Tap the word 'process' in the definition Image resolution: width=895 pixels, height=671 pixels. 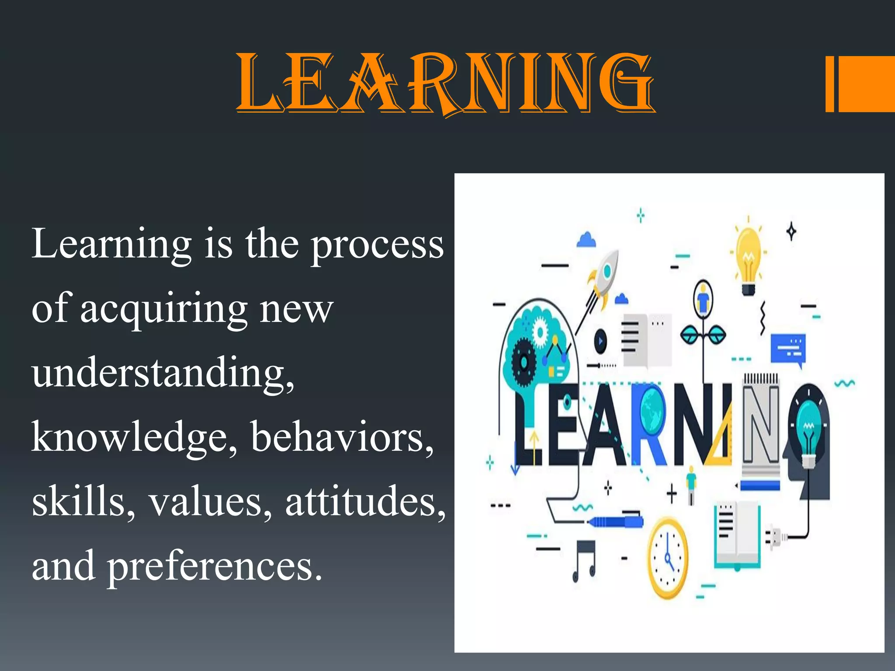(x=377, y=246)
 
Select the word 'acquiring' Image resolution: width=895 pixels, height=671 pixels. (x=164, y=309)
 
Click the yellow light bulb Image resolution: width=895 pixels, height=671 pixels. (x=749, y=260)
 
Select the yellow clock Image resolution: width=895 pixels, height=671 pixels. (x=667, y=558)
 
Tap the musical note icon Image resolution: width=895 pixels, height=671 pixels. (x=584, y=560)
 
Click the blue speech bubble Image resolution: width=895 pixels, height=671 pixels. (x=787, y=349)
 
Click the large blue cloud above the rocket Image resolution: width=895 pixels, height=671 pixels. (x=586, y=240)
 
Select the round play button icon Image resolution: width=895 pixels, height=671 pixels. (x=600, y=341)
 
